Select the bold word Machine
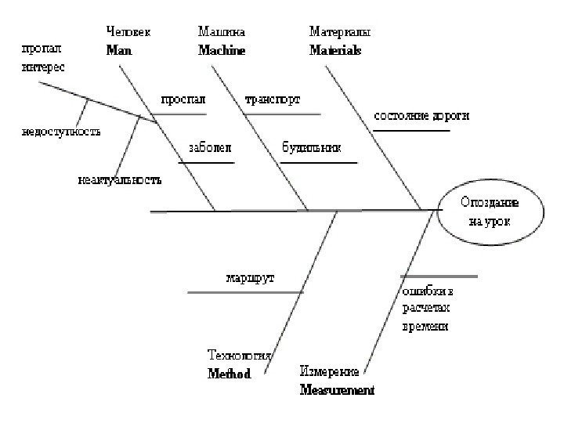(222, 49)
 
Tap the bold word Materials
(335, 49)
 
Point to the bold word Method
(229, 374)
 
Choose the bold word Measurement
(337, 389)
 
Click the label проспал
(183, 99)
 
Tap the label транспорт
(273, 99)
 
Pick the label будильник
(310, 146)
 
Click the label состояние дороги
(421, 116)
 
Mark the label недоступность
(60, 131)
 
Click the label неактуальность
(120, 180)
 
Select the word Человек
(128, 32)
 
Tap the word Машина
(222, 32)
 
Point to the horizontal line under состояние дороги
(411, 131)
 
